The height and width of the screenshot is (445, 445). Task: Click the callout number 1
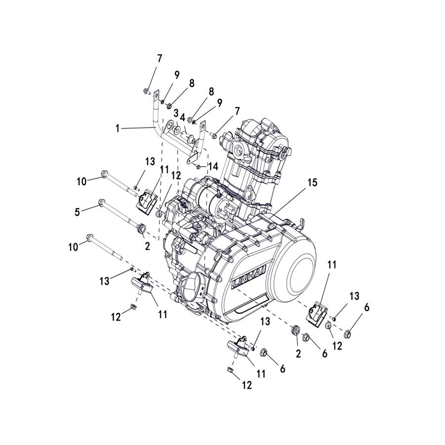[118, 128]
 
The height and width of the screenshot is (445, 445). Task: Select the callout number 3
[176, 114]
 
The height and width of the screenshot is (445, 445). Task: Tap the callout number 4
[183, 118]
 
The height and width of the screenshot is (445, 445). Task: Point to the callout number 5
[77, 212]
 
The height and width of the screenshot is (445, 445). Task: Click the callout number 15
[311, 182]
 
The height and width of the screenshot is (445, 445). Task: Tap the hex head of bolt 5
[101, 201]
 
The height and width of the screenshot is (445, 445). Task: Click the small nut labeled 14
[198, 167]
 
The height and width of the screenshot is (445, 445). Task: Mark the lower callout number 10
[74, 247]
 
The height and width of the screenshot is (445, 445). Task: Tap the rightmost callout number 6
[366, 307]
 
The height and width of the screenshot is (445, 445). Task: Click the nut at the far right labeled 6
[348, 333]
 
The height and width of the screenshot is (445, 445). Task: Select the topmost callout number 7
[159, 58]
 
